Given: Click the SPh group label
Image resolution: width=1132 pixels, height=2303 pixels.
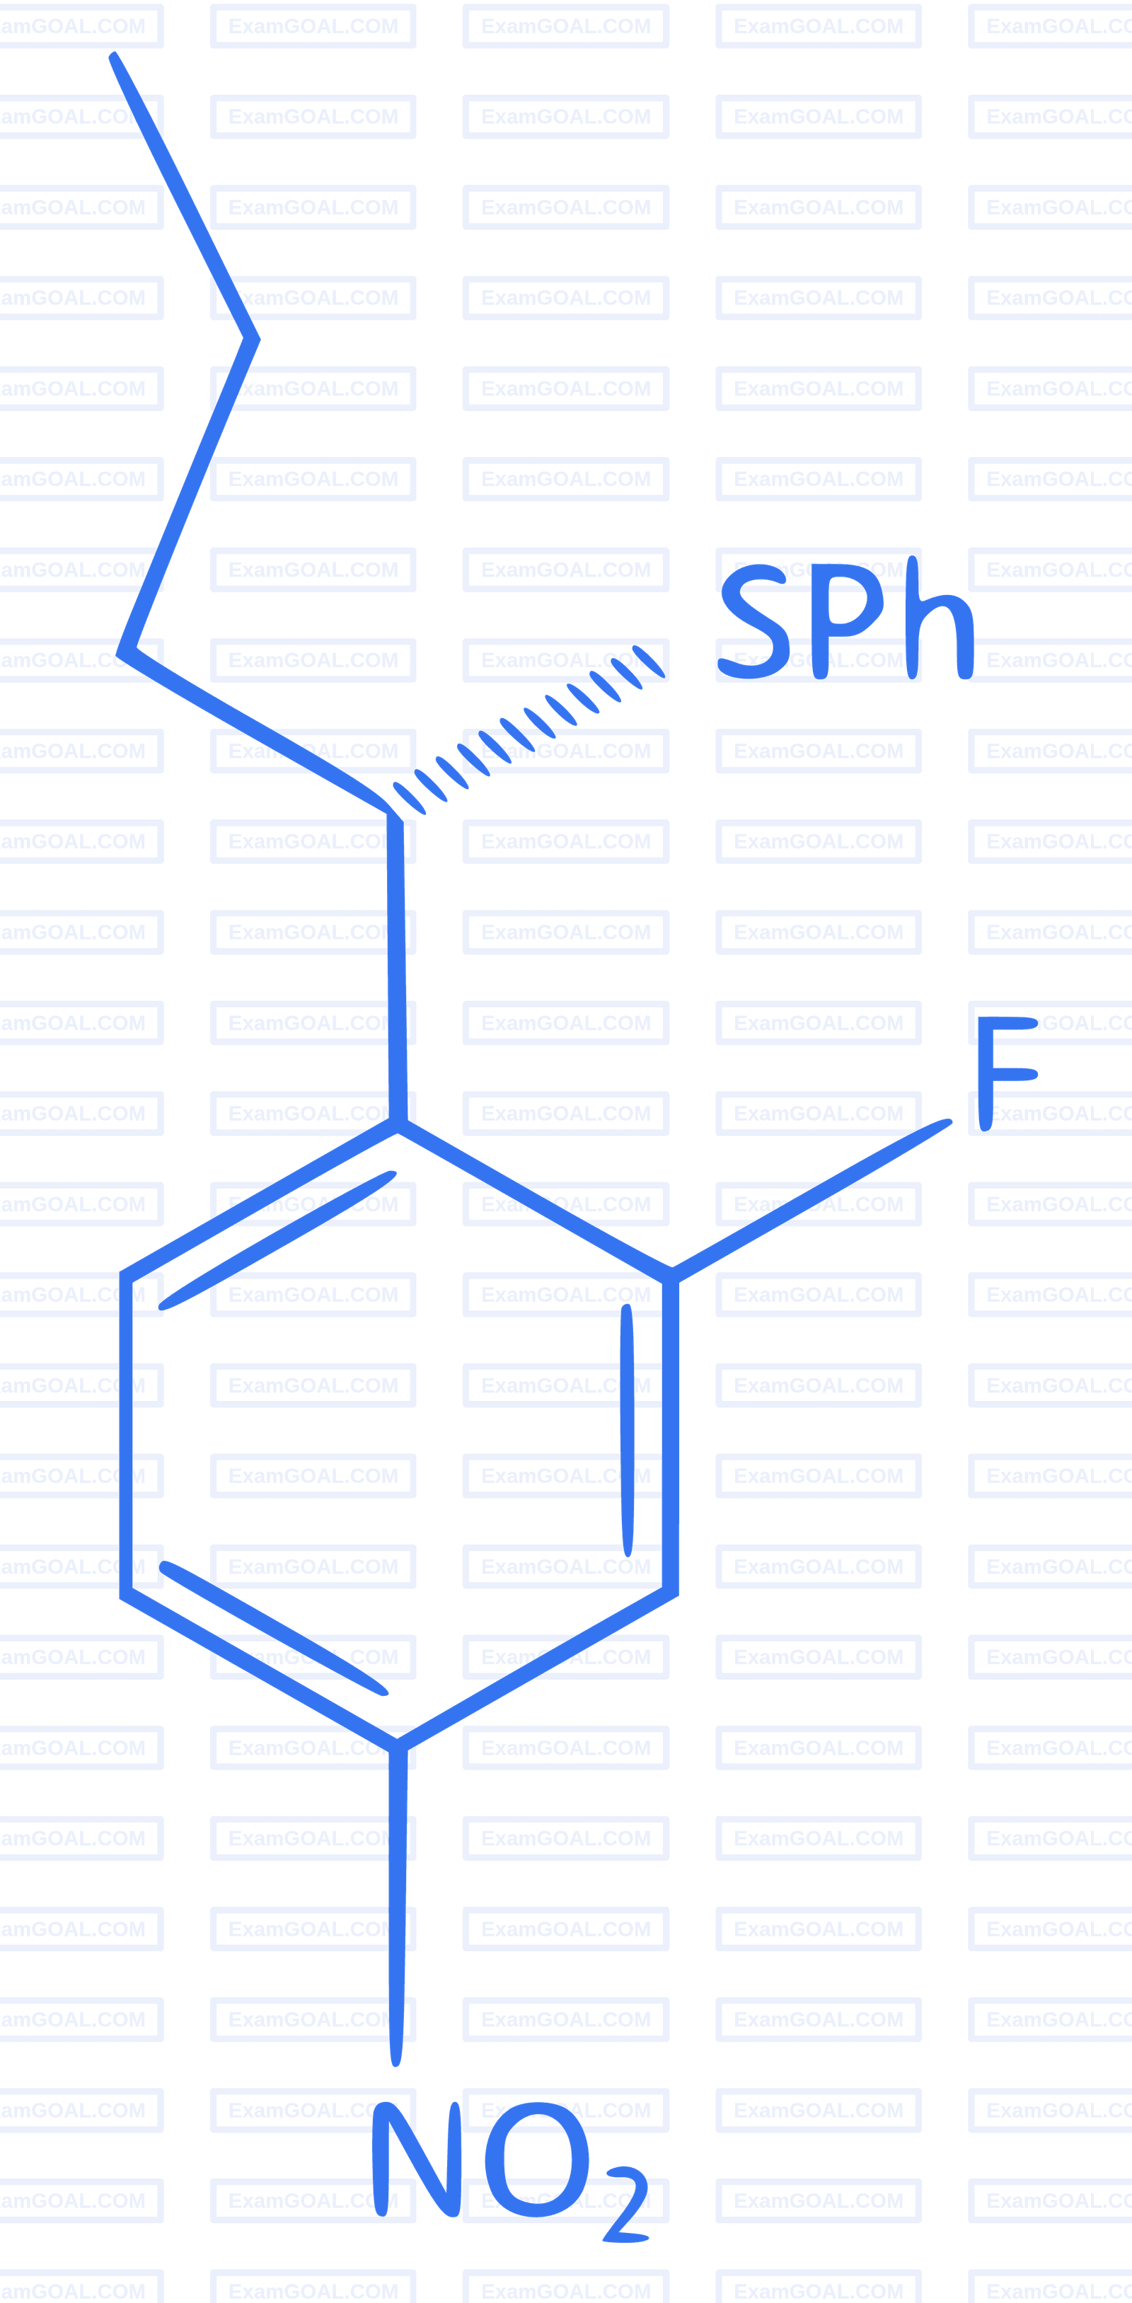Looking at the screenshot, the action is [x=846, y=618].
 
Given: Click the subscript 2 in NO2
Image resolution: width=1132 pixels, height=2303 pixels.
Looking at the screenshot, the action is [x=627, y=2205].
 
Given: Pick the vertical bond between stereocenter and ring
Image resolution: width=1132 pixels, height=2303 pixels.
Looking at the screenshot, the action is [x=397, y=970].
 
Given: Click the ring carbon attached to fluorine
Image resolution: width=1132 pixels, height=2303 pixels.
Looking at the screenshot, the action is [x=671, y=1276].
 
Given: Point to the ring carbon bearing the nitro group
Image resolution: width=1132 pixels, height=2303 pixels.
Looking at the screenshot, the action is [x=397, y=1745].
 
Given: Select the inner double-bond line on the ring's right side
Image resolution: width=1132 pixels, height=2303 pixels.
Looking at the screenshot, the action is [x=627, y=1431].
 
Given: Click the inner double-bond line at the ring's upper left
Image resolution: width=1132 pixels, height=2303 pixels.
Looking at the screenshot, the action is [x=277, y=1240].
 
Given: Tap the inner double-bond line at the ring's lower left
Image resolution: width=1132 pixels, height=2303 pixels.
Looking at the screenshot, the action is [x=274, y=1629].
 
